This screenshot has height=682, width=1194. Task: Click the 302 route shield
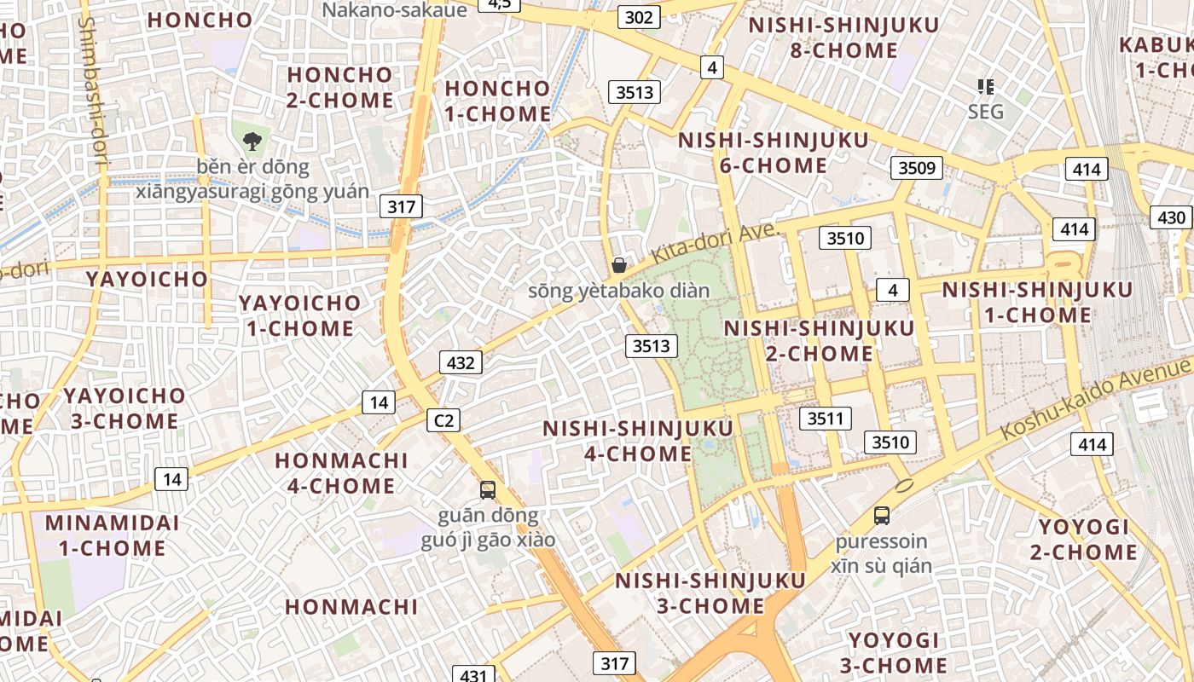pyautogui.click(x=639, y=17)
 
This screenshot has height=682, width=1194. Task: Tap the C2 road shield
pyautogui.click(x=443, y=419)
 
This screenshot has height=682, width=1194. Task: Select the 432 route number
pyautogui.click(x=461, y=362)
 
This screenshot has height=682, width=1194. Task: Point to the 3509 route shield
pyautogui.click(x=918, y=167)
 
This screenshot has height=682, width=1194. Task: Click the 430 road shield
pyautogui.click(x=1171, y=217)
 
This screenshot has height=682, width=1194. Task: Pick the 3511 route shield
pyautogui.click(x=825, y=418)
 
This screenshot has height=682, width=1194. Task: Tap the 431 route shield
pyautogui.click(x=472, y=675)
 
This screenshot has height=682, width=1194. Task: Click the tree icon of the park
pyautogui.click(x=252, y=142)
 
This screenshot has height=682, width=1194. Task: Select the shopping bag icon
pyautogui.click(x=619, y=265)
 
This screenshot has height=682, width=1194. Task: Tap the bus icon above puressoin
pyautogui.click(x=882, y=515)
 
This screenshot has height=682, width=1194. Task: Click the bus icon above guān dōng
pyautogui.click(x=488, y=489)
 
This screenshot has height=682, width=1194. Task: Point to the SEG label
pyautogui.click(x=986, y=112)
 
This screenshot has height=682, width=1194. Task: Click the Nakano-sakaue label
pyautogui.click(x=395, y=10)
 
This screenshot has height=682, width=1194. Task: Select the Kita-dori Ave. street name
pyautogui.click(x=715, y=244)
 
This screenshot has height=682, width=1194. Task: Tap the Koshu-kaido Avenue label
pyautogui.click(x=1095, y=399)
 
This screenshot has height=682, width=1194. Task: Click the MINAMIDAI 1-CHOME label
pyautogui.click(x=106, y=535)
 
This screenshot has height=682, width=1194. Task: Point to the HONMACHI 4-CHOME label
pyautogui.click(x=341, y=473)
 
